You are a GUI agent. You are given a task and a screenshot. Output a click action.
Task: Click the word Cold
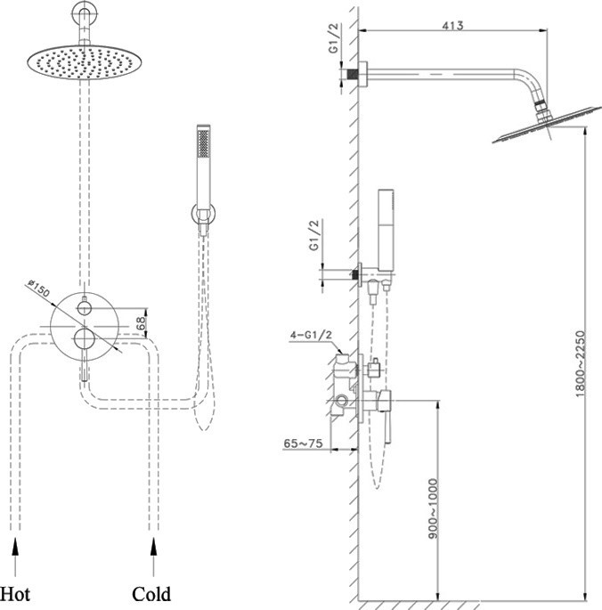[x=151, y=592]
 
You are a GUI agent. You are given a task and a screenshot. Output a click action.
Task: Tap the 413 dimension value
[x=452, y=26]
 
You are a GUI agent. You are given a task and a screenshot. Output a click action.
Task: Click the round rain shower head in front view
[x=83, y=61]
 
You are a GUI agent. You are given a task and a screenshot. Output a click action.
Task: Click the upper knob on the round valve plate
[x=84, y=308]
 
